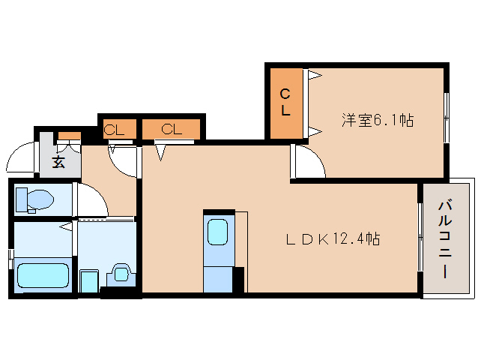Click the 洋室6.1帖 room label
coord(378,120)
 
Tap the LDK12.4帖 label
coord(333,239)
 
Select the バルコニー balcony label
coord(445,239)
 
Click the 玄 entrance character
coord(58,161)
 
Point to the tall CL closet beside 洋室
coord(286,103)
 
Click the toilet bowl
coord(40,199)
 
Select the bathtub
coord(43,275)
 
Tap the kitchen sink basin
coord(217,232)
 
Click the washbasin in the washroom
coord(121,273)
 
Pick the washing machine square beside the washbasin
coord(89,281)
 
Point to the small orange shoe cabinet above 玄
coord(70,136)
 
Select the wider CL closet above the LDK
coord(172,129)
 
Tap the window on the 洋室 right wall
coord(447,118)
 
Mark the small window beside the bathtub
coord(11,259)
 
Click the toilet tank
coord(21,199)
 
